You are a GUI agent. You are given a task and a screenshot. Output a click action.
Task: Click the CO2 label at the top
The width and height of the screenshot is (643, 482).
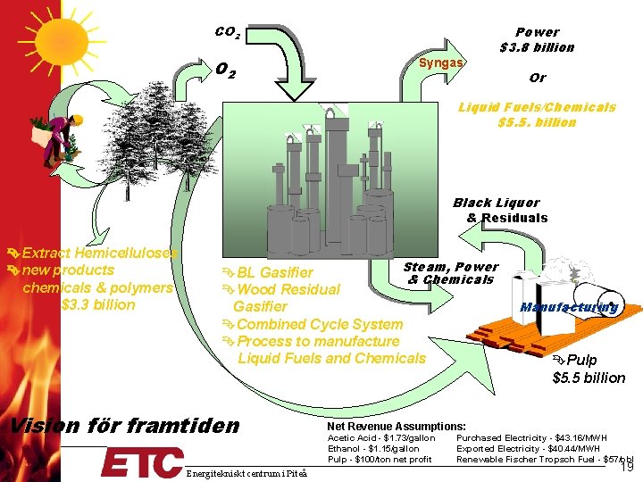pos(227,33)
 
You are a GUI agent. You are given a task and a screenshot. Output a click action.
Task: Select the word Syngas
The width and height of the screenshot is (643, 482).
pos(441,62)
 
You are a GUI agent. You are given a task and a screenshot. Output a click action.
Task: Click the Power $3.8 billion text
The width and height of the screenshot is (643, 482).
pos(537,39)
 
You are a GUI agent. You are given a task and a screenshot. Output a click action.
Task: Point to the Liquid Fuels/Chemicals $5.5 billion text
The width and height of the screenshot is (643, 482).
pos(537,114)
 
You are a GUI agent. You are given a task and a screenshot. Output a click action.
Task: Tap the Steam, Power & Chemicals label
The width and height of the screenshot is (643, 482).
pos(451,273)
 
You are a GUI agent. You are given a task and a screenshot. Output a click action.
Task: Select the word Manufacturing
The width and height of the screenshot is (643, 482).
pos(569,307)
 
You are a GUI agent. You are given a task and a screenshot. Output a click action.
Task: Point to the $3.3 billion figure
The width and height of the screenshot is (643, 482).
pos(98,304)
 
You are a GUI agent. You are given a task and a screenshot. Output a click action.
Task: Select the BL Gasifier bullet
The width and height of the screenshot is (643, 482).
pos(268,271)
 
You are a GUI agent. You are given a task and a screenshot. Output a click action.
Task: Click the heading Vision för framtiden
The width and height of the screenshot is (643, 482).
pos(124,425)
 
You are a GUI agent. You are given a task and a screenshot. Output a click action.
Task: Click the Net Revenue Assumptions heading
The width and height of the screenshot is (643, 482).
pos(396,427)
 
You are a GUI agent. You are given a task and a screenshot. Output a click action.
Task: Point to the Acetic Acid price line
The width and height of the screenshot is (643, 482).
pos(381,438)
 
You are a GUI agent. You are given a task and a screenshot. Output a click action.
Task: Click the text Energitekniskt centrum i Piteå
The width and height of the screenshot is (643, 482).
pos(247,471)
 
